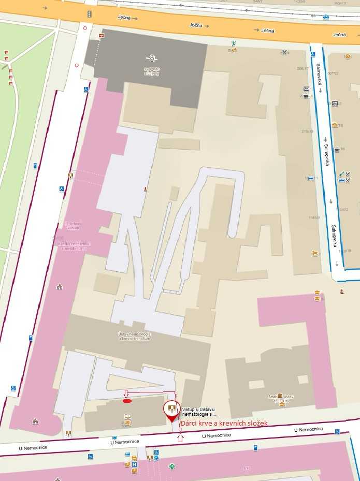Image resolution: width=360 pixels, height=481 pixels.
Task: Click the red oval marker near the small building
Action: (x=127, y=400)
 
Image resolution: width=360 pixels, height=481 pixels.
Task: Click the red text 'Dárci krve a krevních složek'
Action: (x=224, y=423)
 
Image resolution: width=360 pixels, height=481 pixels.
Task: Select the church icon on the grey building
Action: (x=151, y=58)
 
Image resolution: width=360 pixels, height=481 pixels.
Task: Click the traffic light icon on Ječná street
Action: (x=90, y=14)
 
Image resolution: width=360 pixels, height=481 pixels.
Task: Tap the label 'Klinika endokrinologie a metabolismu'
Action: (x=74, y=245)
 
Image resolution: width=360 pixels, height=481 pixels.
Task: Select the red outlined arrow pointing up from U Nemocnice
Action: (x=180, y=438)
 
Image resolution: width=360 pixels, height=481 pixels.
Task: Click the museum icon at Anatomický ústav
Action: (x=280, y=396)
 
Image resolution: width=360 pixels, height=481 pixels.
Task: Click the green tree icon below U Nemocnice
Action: (x=172, y=467)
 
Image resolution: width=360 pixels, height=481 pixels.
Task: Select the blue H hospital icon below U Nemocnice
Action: (x=134, y=464)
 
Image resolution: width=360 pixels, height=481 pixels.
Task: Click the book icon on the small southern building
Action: (x=127, y=416)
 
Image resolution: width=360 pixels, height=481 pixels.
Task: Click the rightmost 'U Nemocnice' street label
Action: (x=309, y=429)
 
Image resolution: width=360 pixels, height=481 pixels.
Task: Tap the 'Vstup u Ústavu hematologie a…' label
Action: (x=199, y=412)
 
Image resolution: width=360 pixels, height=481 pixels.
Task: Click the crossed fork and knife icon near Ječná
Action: (x=284, y=52)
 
